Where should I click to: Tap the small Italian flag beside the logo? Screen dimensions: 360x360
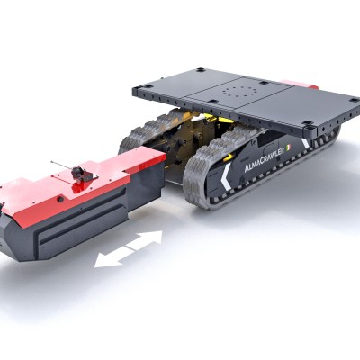coord(289,148)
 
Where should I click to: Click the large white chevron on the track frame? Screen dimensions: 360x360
coord(227,176)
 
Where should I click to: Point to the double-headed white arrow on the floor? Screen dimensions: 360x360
coord(129,249)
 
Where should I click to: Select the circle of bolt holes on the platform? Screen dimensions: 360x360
coord(240,91)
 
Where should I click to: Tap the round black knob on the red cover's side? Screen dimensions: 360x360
coord(61,199)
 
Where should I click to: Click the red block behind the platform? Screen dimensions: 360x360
coord(299,84)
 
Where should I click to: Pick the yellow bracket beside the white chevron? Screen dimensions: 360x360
coord(229,157)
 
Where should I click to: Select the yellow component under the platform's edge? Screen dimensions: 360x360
coord(226,120)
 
